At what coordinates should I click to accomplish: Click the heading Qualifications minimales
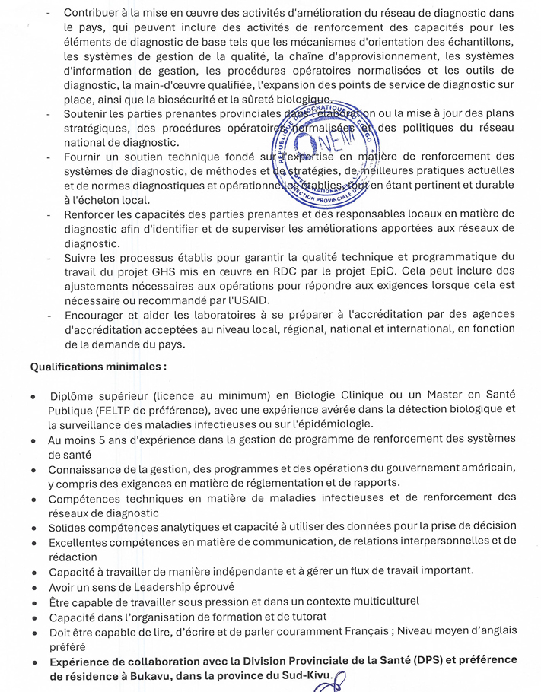tap(98, 367)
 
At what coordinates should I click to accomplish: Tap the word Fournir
tap(83, 157)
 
